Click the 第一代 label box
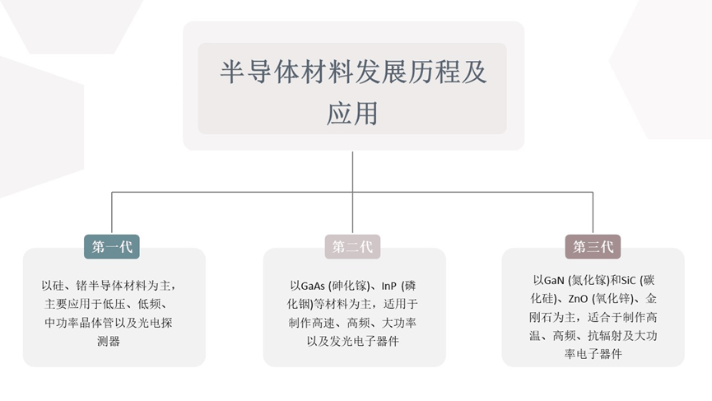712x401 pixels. [112, 246]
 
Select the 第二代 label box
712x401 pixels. [352, 246]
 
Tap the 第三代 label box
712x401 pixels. [593, 246]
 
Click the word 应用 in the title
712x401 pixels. [352, 113]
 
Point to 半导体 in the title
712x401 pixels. [260, 72]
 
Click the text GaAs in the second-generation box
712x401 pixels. [313, 286]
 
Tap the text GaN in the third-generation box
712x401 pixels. [554, 281]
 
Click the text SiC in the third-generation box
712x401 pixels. [628, 281]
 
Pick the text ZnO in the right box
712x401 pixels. [578, 299]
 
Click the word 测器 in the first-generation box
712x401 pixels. [109, 341]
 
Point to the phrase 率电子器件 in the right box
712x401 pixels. [593, 354]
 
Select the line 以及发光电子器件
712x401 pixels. [353, 341]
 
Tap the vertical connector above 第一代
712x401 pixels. [112, 213]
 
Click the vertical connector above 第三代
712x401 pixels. [593, 213]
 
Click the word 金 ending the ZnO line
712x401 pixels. [651, 299]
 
